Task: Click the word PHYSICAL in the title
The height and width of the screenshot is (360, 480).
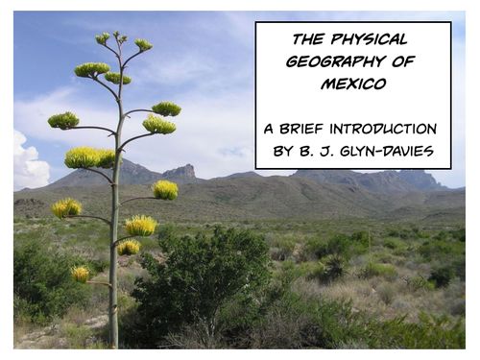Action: click(372, 39)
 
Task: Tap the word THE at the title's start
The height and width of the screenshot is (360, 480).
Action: click(308, 39)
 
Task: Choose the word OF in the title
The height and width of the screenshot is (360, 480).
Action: click(401, 61)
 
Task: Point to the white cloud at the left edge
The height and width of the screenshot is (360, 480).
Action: click(29, 163)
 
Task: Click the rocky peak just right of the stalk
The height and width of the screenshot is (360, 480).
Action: click(180, 172)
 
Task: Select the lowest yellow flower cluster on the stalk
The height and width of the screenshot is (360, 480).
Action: click(81, 274)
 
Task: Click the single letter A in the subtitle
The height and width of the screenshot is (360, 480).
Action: click(270, 129)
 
